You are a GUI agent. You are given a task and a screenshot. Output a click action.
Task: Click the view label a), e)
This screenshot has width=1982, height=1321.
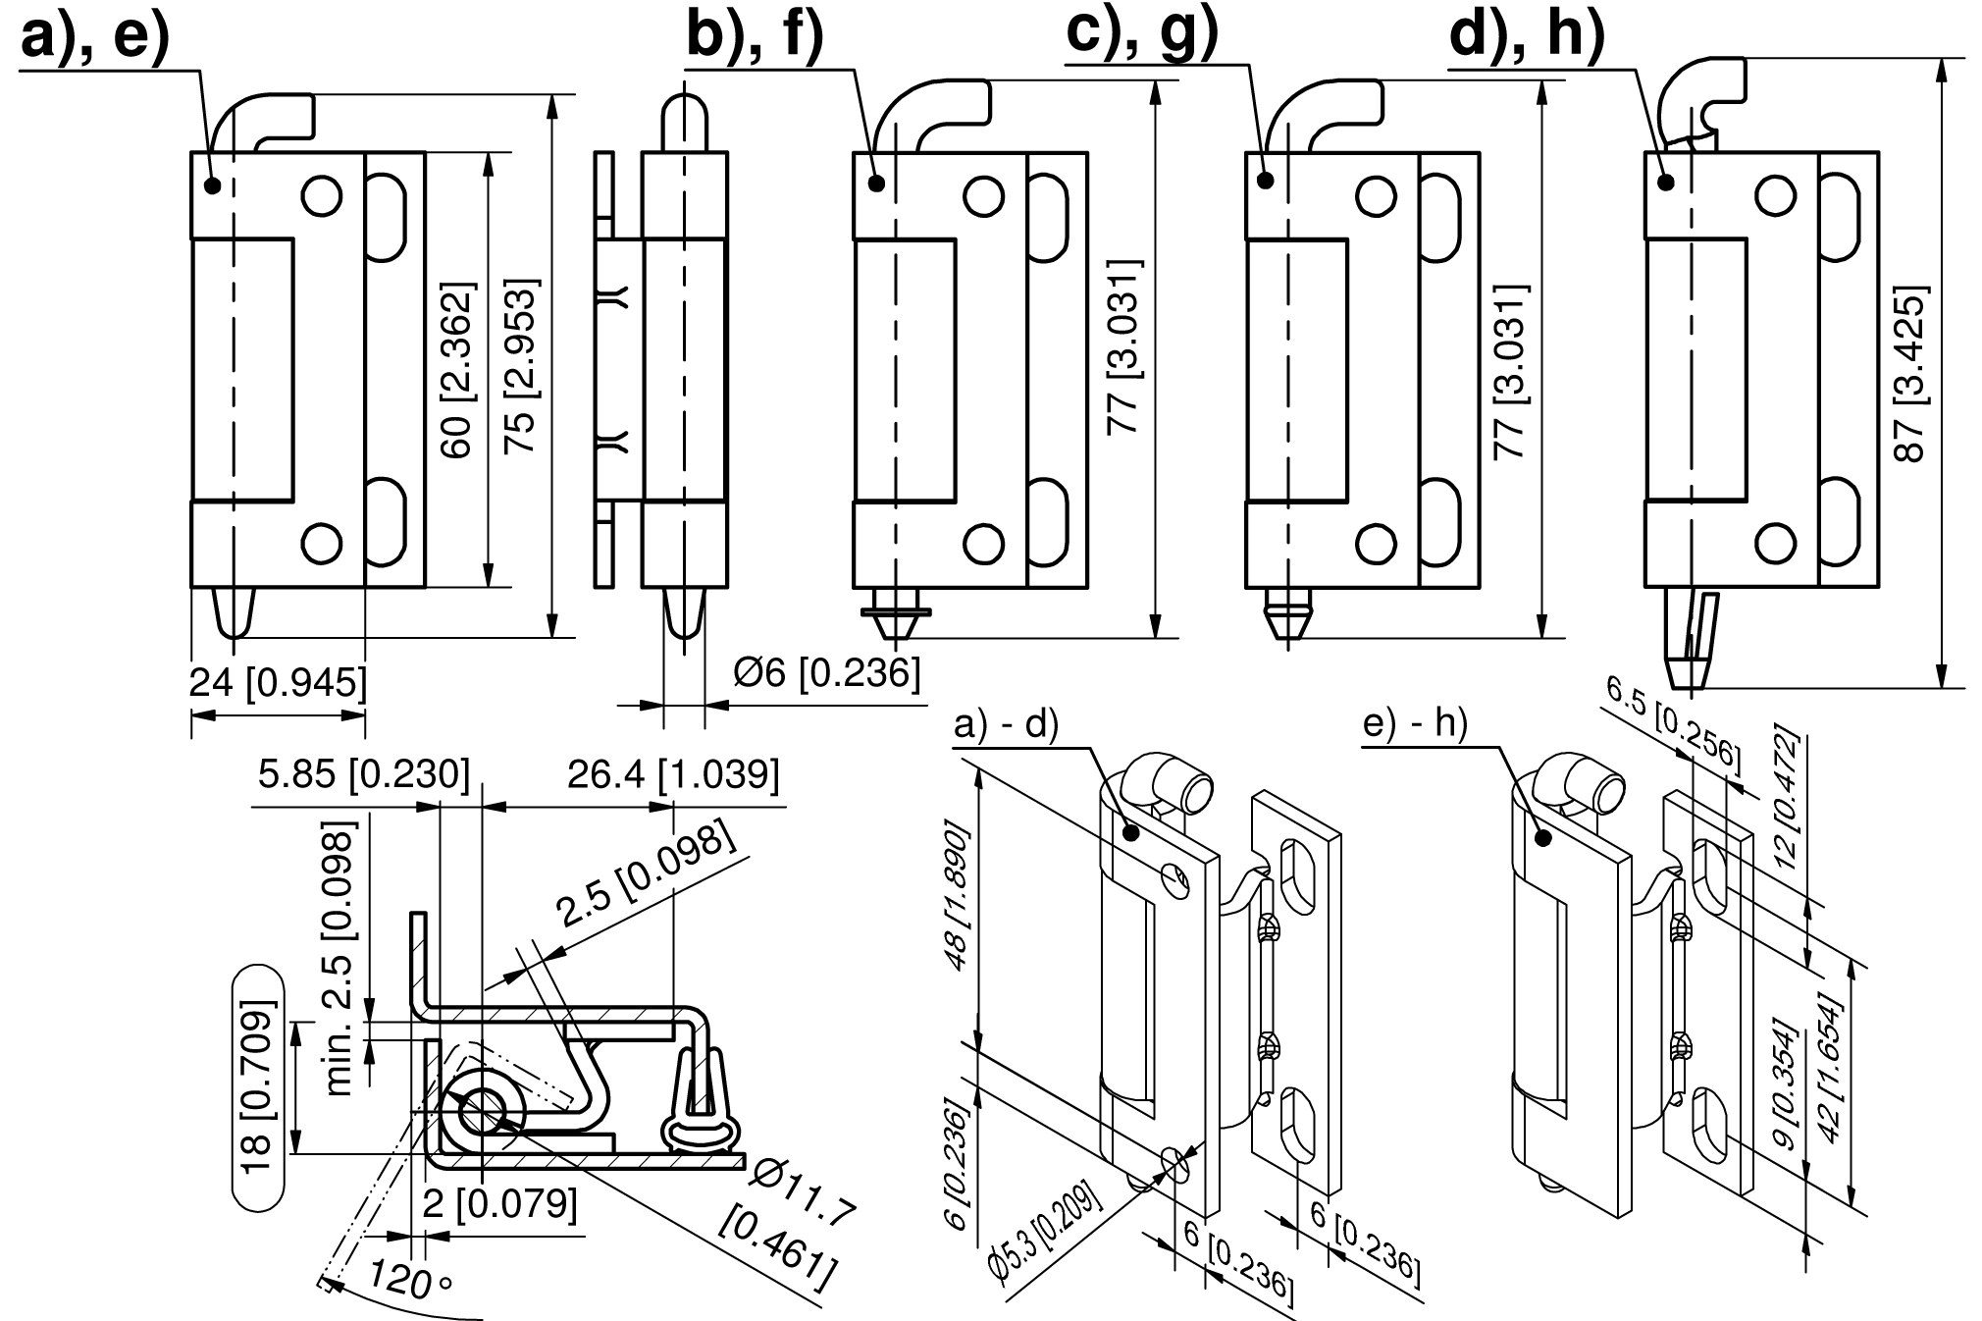[95, 38]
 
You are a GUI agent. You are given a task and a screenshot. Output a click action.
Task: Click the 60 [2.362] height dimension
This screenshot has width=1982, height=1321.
[456, 370]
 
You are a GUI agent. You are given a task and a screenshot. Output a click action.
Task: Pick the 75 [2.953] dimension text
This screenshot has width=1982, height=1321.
[519, 367]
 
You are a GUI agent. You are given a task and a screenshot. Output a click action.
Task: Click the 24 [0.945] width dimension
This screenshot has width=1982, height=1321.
[278, 681]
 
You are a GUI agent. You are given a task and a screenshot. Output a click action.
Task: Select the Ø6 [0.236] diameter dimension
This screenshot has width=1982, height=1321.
[827, 672]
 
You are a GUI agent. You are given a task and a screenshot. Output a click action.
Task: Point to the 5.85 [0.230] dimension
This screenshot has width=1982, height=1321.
[364, 774]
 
